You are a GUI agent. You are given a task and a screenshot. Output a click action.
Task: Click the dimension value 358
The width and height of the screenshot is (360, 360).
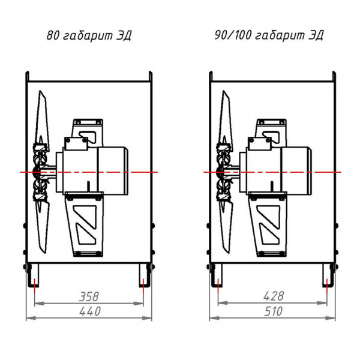click(89, 296)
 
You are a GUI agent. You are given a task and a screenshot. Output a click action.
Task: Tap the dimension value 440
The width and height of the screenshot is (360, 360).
click(90, 311)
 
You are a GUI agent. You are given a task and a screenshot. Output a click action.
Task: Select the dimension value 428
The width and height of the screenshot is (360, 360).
click(274, 296)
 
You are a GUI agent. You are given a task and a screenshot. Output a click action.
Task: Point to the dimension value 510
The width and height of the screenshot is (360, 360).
click(273, 311)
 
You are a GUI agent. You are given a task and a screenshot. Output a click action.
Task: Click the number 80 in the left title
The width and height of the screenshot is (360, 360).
click(52, 35)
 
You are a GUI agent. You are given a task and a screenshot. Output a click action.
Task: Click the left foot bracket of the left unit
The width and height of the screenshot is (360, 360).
click(32, 275)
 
